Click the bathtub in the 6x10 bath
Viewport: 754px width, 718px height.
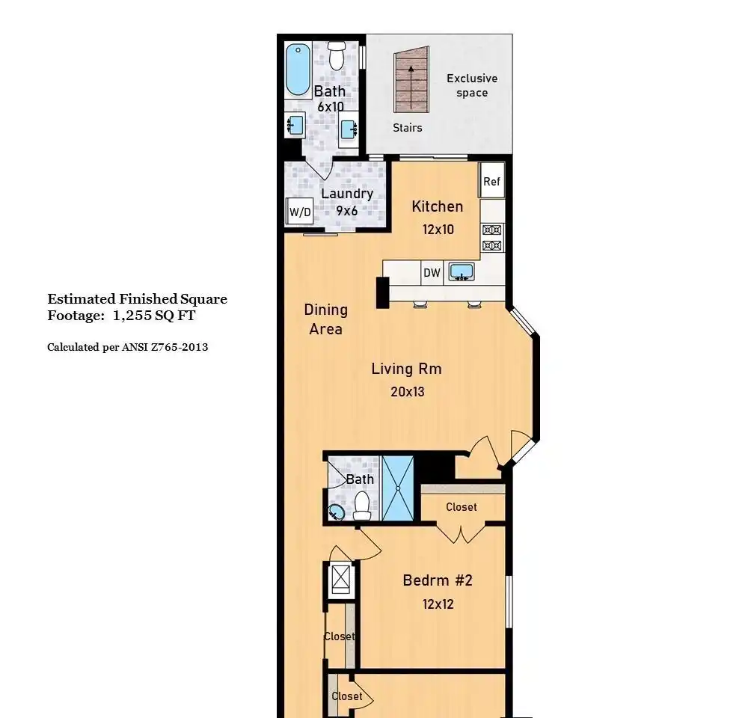click(x=298, y=70)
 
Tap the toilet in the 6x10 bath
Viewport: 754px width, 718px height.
click(x=337, y=56)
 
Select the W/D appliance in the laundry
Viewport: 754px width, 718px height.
click(x=299, y=212)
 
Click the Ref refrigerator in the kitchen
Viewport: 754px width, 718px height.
click(x=492, y=181)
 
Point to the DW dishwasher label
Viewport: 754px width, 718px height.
click(x=432, y=273)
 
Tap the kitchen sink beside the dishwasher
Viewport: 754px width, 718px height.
click(x=462, y=271)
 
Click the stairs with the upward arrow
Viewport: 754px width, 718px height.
click(x=411, y=79)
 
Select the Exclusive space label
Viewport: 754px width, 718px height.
click(x=472, y=85)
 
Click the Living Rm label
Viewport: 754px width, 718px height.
click(x=406, y=369)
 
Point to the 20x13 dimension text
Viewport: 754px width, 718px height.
click(x=407, y=392)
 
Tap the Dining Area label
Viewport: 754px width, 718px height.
click(x=326, y=319)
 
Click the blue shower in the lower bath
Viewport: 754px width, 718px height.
click(x=398, y=488)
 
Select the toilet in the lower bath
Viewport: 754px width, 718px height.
click(x=361, y=506)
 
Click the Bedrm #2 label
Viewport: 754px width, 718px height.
click(x=438, y=580)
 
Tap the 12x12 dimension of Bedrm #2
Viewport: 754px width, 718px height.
click(x=438, y=604)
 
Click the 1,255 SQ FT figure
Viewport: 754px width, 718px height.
click(x=154, y=316)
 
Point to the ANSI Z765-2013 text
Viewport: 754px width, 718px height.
click(x=165, y=347)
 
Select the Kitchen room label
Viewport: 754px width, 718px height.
click(x=438, y=206)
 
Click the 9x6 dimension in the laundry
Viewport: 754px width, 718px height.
click(x=347, y=211)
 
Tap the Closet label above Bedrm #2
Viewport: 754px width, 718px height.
click(x=461, y=507)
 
